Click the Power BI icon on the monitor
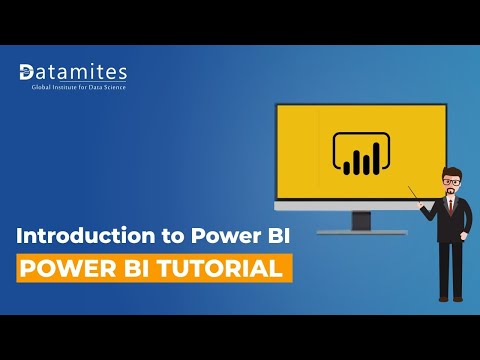pyautogui.click(x=360, y=151)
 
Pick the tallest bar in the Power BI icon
pyautogui.click(x=373, y=151)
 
